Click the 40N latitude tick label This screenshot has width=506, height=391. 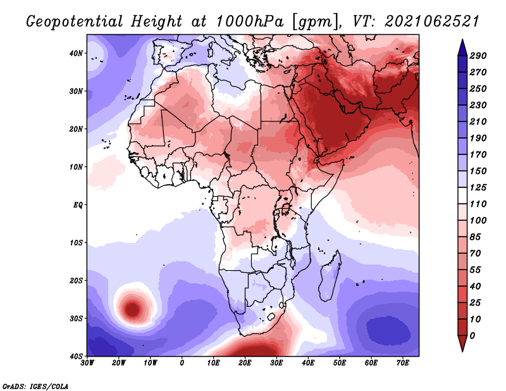tap(76, 53)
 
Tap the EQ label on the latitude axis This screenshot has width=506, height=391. tap(78, 205)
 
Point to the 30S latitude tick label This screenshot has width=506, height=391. tap(76, 319)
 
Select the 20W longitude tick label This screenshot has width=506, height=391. tap(118, 363)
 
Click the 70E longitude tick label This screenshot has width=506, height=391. tap(402, 363)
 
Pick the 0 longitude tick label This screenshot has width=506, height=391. tap(182, 363)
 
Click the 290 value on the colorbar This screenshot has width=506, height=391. tap(478, 56)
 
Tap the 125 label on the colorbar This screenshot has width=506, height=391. tap(478, 187)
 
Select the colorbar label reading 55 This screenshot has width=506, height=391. tap(475, 270)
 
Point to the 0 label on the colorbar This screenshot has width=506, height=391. tap(472, 336)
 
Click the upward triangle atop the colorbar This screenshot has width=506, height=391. tap(462, 47)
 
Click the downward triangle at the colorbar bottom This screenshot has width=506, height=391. tap(462, 343)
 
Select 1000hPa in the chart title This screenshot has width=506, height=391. tap(249, 22)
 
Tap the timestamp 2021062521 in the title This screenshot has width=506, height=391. tap(431, 22)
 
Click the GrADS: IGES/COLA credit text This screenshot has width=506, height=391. tap(35, 386)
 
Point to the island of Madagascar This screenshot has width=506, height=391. tap(330, 276)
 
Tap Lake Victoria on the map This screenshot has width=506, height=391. tap(285, 209)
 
